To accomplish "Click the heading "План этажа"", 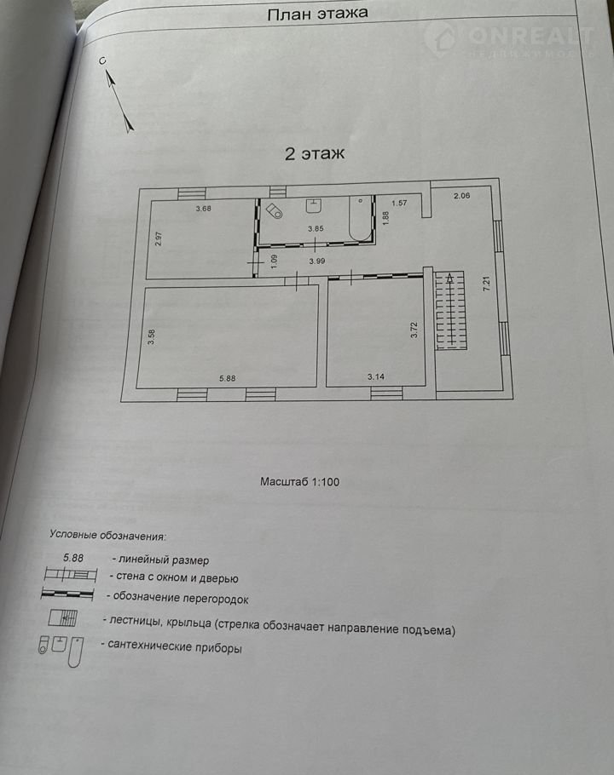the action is [317, 14].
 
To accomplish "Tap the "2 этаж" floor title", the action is [315, 153].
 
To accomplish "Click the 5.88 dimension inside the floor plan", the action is [228, 379].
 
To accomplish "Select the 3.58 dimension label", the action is [152, 336].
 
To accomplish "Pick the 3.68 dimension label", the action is [203, 209].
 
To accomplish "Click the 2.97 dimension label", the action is [159, 238].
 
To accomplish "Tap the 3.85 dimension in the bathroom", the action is [316, 228].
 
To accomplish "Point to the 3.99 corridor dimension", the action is [317, 261].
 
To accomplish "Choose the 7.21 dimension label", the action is [487, 283].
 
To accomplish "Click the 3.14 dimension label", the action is [376, 376].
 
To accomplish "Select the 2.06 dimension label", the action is [461, 196].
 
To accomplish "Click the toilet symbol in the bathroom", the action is [274, 210].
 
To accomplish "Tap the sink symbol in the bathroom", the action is [314, 205].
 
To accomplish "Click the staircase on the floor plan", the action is [451, 310].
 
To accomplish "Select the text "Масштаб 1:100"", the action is [300, 482].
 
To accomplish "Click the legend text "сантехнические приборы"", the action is [175, 647].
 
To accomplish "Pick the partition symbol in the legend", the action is [67, 594].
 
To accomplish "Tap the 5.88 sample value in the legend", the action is [73, 558].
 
